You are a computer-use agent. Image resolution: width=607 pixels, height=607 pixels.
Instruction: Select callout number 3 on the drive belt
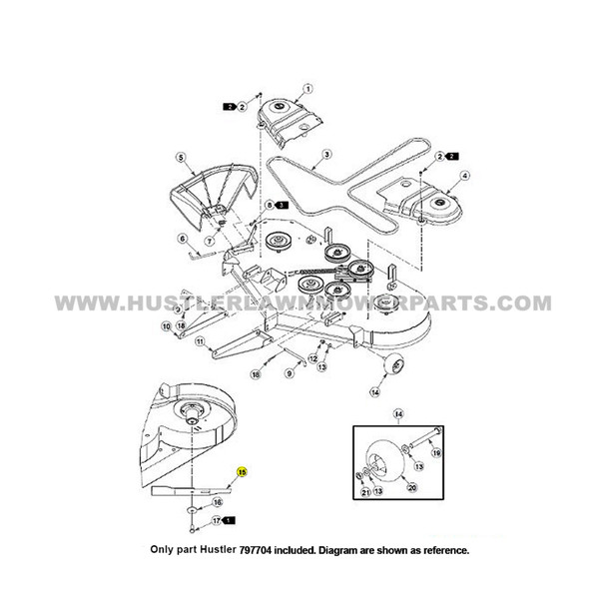325,158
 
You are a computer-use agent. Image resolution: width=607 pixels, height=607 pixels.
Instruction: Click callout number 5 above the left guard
181,157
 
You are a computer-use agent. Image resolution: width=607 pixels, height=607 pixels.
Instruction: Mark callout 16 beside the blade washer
218,502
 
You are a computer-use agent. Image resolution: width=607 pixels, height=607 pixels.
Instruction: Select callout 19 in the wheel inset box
464,453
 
